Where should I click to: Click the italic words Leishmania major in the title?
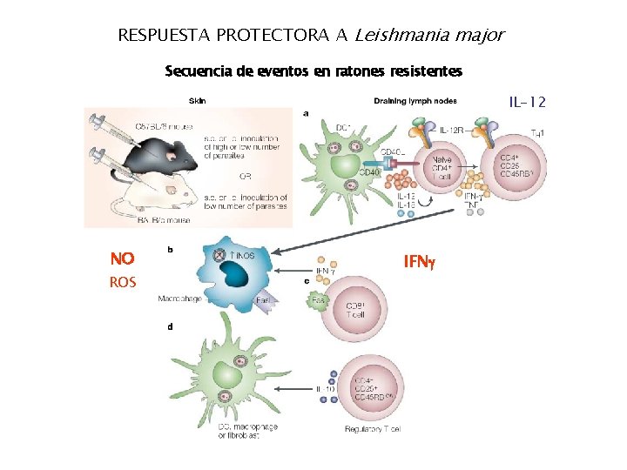[428, 36]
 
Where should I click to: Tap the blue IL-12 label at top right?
[528, 103]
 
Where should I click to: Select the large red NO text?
[122, 258]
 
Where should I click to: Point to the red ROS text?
[123, 282]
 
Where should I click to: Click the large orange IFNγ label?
[422, 260]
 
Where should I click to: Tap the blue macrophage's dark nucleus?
[233, 274]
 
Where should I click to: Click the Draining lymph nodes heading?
[415, 100]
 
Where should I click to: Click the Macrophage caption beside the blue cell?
[179, 299]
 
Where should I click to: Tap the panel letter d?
[169, 326]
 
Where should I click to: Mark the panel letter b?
[170, 250]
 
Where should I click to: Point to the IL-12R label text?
[455, 131]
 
